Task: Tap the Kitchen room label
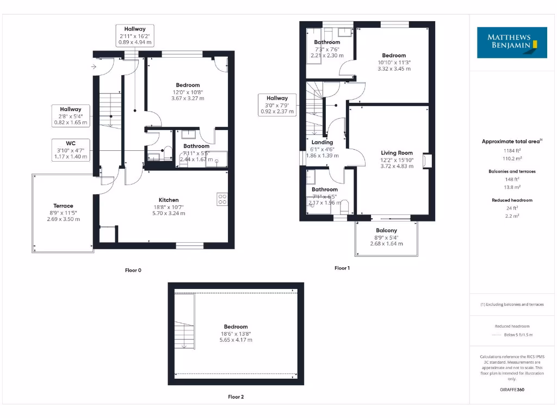point(169,200)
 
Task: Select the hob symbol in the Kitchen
point(222,199)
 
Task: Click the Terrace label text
point(63,206)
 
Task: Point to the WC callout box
point(71,150)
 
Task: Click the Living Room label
point(397,153)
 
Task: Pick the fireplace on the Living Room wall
point(427,161)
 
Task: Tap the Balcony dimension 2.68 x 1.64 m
point(386,243)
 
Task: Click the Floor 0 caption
point(133,270)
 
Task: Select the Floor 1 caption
point(342,268)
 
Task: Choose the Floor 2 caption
point(236,397)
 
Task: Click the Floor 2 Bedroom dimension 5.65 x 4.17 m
point(236,340)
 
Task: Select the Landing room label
point(322,142)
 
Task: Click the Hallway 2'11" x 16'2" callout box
point(135,35)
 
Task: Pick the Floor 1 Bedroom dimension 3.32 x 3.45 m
point(393,69)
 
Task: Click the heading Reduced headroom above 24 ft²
point(512,200)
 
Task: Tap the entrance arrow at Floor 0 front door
point(94,67)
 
